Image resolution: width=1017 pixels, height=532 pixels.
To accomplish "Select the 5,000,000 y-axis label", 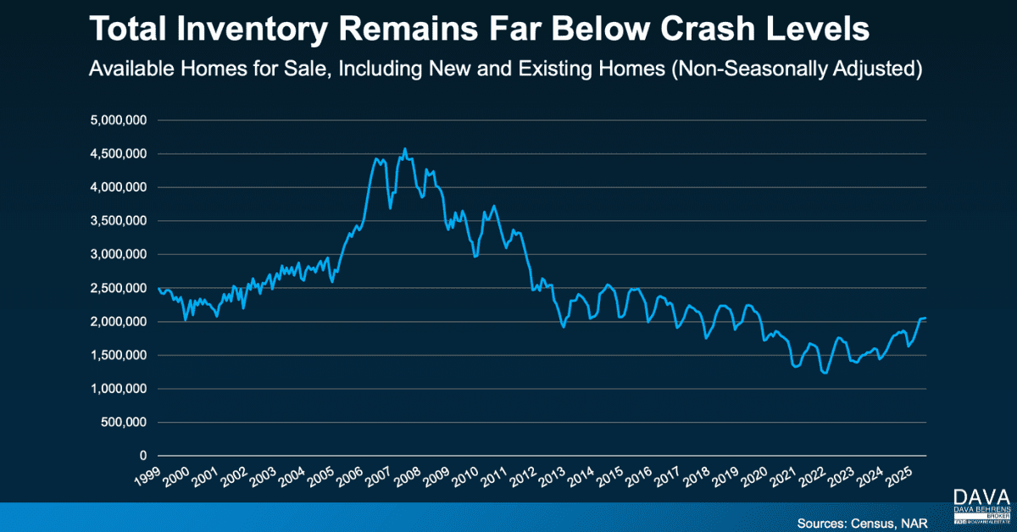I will tap(118, 120).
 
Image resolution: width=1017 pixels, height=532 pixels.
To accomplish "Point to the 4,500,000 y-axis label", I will tap(118, 154).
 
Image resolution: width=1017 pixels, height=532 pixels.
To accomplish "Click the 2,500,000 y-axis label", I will tap(118, 288).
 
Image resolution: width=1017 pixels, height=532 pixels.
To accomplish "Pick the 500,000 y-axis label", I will tap(124, 422).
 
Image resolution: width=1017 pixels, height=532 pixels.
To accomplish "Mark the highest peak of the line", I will tap(404, 149).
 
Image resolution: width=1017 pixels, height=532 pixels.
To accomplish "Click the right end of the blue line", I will tap(925, 318).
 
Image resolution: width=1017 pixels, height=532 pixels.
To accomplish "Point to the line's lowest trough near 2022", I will tap(825, 372).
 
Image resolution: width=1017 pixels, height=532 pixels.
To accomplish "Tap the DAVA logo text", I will tap(980, 496).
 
